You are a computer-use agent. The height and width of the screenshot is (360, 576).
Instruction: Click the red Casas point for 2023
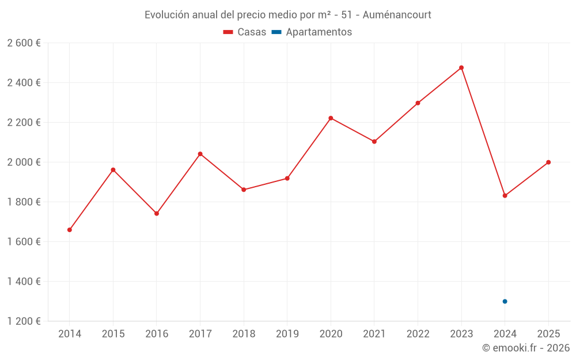point(461,68)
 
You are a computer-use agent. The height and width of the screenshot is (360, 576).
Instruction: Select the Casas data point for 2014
point(70,230)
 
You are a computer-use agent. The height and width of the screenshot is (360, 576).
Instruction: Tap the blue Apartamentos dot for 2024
point(505,301)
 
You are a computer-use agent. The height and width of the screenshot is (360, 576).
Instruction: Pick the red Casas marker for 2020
point(331,118)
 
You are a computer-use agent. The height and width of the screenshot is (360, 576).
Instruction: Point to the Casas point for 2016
point(157,214)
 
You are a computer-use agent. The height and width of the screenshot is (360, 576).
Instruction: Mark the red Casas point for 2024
point(505,196)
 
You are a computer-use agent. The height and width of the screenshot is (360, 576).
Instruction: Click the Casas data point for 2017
point(200,154)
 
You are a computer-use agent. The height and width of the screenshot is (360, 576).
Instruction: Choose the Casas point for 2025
point(548,162)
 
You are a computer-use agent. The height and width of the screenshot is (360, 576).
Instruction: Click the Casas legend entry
point(245,32)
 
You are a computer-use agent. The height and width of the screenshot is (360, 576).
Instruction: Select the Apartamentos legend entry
point(312,32)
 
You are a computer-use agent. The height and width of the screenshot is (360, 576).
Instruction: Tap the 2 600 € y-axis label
point(24,43)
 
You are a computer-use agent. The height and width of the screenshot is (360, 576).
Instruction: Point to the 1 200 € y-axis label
point(24,321)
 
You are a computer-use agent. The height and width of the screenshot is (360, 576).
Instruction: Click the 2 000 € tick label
point(24,162)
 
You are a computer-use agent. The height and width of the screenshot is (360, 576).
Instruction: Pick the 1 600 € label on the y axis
point(24,242)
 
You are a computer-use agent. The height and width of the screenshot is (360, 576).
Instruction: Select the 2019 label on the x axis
point(287,334)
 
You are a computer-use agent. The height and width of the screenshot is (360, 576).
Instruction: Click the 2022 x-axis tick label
point(418,334)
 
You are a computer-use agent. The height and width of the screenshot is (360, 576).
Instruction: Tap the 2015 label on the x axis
point(113,334)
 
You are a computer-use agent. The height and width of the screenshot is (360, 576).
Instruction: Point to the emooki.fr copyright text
point(526,348)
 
